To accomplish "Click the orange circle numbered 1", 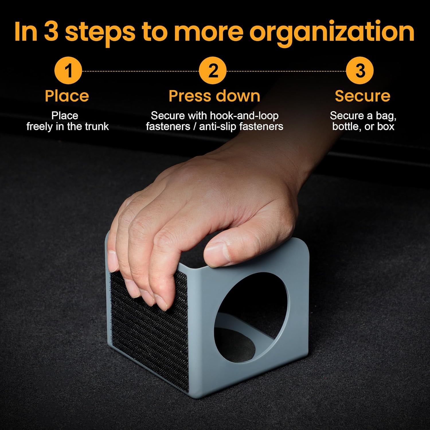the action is tap(68, 71).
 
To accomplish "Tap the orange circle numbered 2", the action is tap(213, 71).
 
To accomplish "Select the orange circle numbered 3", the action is tap(360, 71).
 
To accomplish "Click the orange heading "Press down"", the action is tap(214, 96).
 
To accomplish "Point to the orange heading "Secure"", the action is tap(362, 96).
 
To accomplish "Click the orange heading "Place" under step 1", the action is tap(67, 96).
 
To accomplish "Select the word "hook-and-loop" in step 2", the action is tap(244, 116).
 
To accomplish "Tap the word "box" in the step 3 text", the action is tap(386, 126).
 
